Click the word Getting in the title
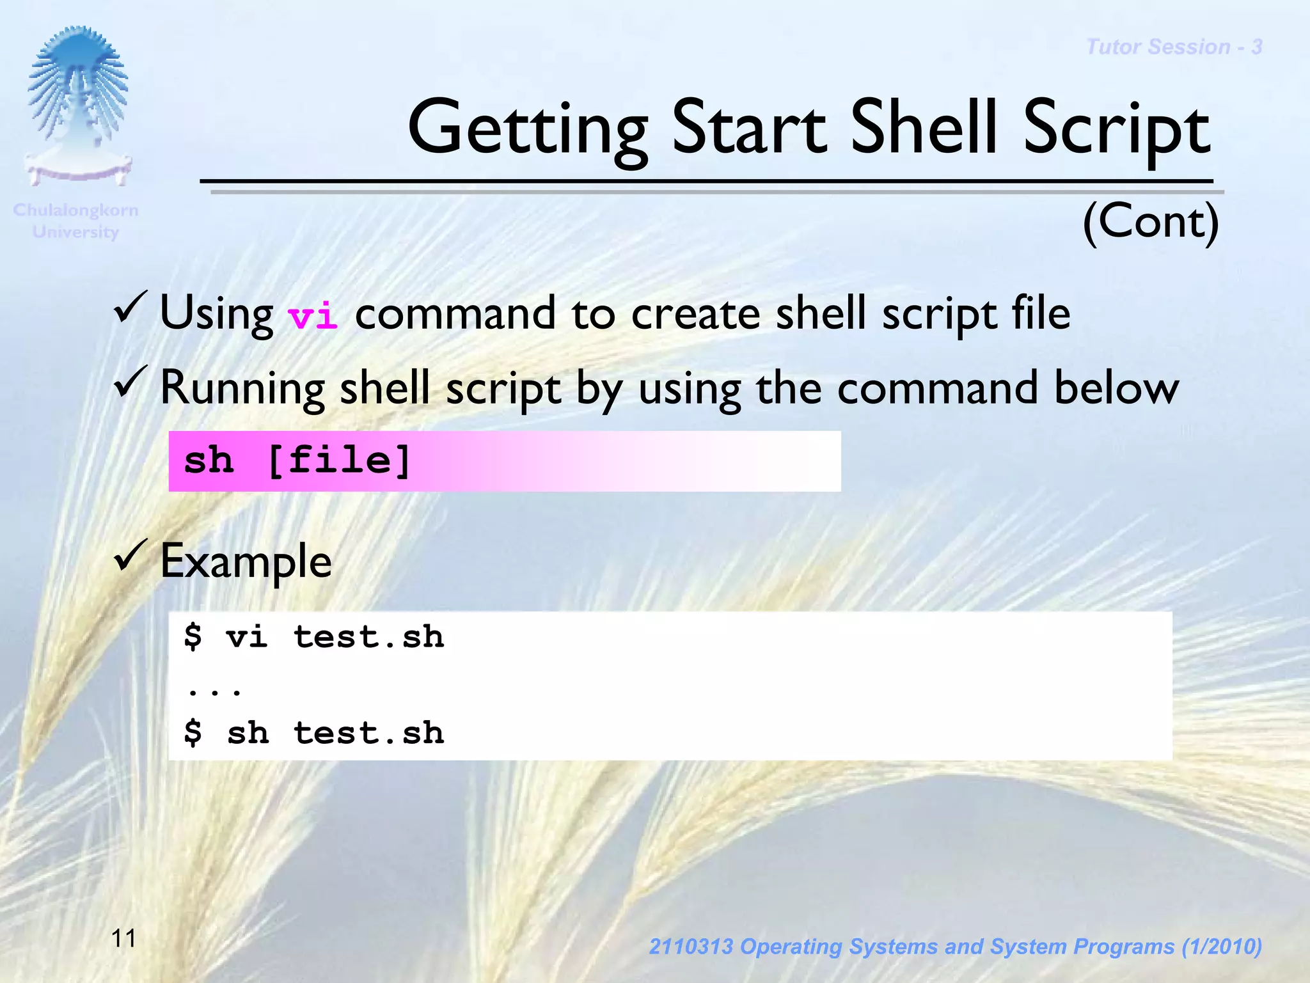point(528,129)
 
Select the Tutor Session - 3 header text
point(1174,47)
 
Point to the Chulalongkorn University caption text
point(75,221)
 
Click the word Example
point(246,562)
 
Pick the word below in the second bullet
point(1116,388)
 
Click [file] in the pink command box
point(338,460)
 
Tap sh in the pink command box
point(208,460)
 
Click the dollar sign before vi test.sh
point(193,637)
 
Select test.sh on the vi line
point(368,637)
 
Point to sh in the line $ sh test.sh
point(248,733)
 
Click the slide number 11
point(123,938)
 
